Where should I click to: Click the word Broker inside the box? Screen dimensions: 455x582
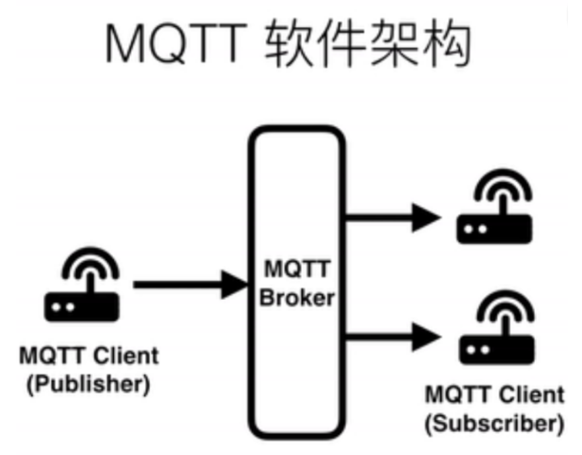coord(297,297)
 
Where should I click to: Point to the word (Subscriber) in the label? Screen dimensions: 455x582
coord(494,425)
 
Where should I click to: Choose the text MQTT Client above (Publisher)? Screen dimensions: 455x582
coord(88,355)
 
